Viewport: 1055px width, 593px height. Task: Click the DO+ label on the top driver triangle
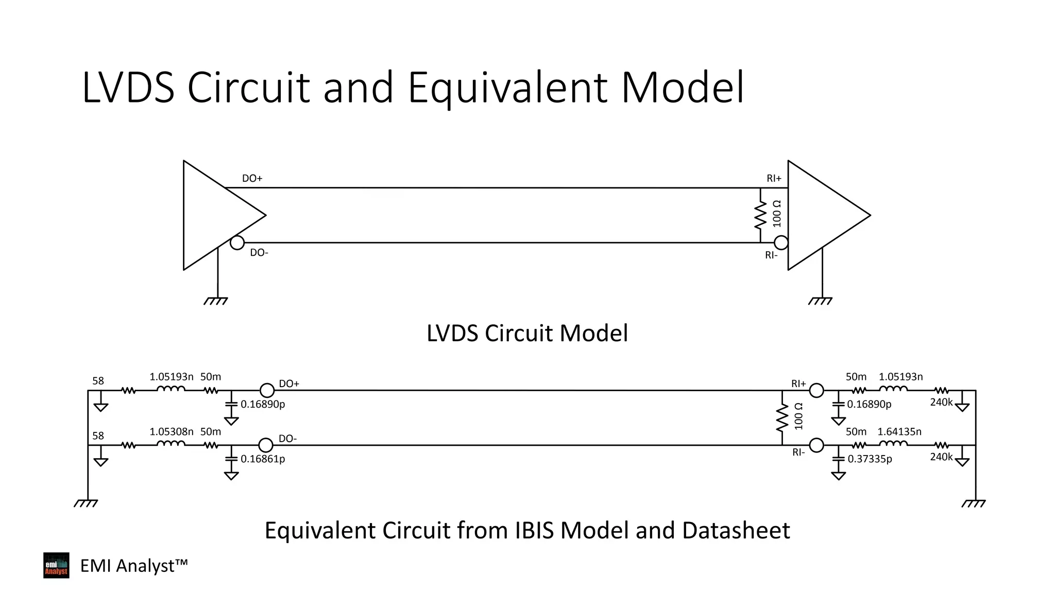(252, 179)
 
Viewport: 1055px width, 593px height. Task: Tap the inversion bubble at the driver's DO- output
(237, 242)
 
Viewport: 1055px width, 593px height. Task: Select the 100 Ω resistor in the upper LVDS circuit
(760, 215)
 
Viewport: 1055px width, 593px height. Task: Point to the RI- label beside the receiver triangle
(771, 255)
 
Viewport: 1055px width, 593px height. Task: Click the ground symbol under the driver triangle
(216, 301)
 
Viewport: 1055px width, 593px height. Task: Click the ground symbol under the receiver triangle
(820, 301)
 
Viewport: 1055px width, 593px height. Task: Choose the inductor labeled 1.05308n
(171, 444)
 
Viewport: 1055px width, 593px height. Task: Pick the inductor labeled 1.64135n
(893, 444)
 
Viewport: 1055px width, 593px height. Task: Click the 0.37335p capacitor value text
(870, 459)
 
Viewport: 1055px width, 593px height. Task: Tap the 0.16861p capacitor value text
(263, 459)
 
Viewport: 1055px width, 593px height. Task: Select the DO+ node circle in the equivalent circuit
(267, 391)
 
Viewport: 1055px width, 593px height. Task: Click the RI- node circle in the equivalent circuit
(816, 445)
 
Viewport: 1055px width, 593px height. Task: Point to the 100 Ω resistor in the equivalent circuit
(782, 417)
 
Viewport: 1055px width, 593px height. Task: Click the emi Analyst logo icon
(56, 565)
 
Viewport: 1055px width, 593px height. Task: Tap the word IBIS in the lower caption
(535, 531)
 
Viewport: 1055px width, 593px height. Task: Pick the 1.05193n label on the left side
(172, 377)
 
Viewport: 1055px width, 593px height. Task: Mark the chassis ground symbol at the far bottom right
(973, 503)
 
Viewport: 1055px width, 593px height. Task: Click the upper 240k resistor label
(941, 402)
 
